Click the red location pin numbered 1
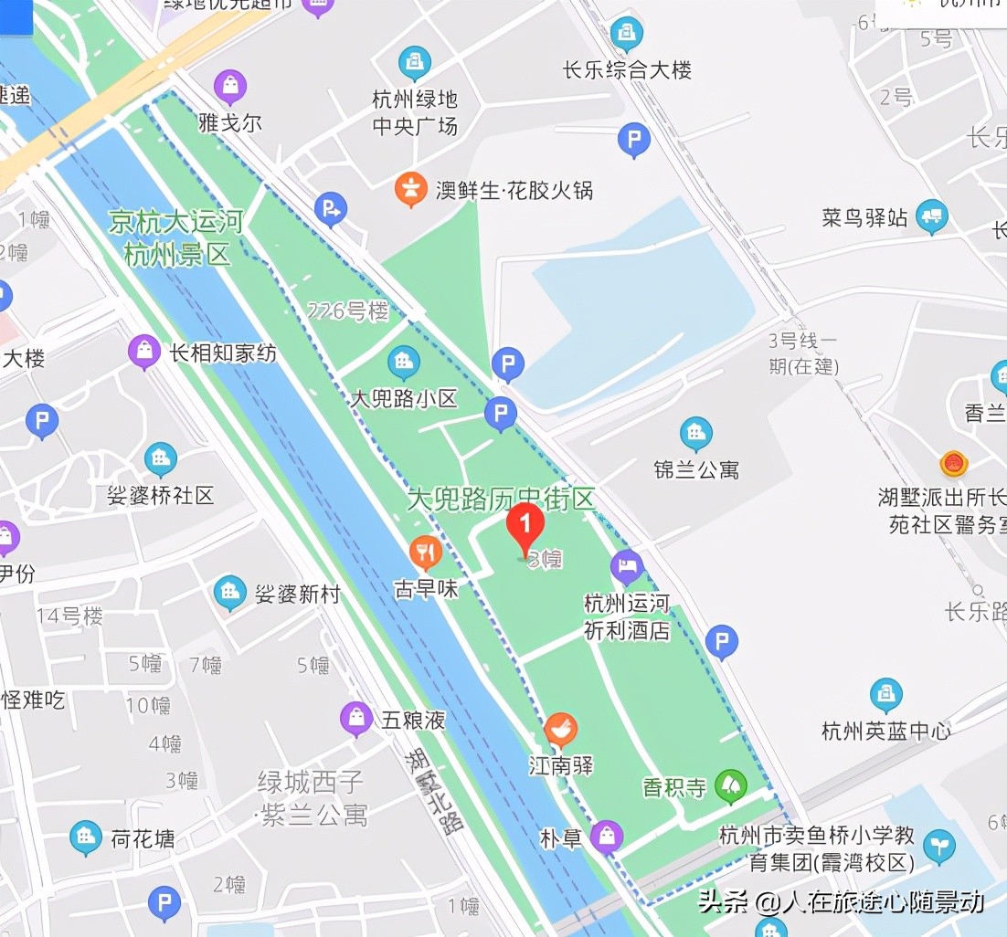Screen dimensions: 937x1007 [525, 527]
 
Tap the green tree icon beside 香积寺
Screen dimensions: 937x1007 [730, 785]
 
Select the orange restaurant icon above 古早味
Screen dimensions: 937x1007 [426, 552]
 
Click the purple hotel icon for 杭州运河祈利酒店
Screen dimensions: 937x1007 [627, 566]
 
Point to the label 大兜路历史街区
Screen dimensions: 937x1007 [501, 499]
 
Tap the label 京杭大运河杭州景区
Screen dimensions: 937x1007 [176, 237]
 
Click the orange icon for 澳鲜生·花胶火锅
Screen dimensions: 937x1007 [412, 189]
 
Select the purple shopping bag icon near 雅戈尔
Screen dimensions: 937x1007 [230, 88]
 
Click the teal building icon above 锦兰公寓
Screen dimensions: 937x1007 [695, 434]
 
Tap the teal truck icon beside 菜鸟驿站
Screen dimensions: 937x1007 [931, 216]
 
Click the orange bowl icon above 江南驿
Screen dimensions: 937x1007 [560, 730]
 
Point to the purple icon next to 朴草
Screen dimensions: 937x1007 [606, 836]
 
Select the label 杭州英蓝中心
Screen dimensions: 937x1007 [885, 731]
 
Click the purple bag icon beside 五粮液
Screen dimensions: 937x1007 [355, 719]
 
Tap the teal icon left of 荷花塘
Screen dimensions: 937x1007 [86, 837]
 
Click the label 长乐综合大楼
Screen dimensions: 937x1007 [627, 70]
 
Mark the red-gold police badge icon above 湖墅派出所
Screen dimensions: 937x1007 [954, 464]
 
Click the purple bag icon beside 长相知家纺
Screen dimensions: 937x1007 [144, 352]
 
